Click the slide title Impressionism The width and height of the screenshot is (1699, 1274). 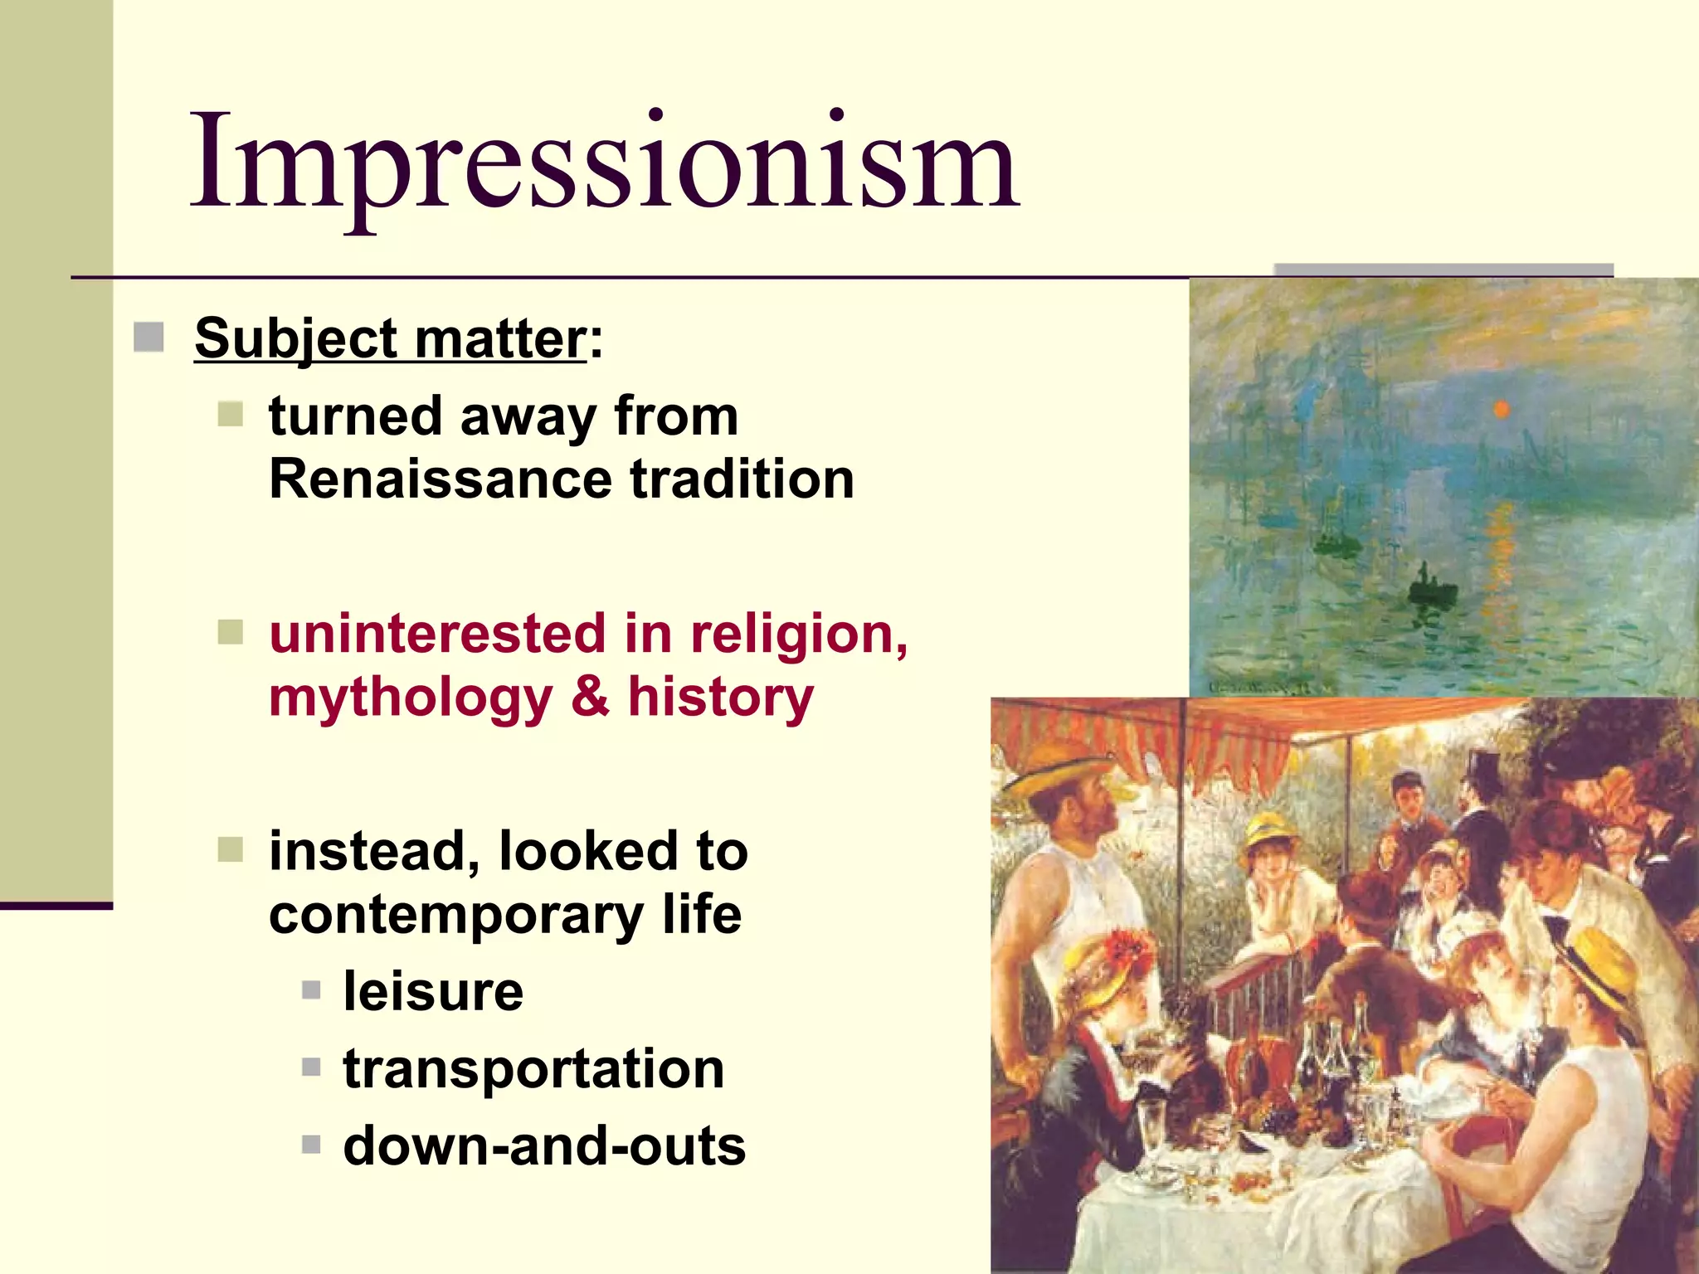click(604, 162)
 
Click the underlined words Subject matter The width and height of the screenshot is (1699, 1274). click(390, 338)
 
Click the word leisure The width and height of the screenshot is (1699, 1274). click(433, 991)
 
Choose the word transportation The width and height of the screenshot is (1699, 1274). click(533, 1068)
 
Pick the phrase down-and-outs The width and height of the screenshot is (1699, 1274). click(544, 1146)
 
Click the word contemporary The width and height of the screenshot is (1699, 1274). click(455, 917)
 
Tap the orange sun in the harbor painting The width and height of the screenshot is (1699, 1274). click(1501, 409)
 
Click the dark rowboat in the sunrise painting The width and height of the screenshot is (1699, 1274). click(1432, 591)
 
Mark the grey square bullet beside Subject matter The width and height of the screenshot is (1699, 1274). click(148, 338)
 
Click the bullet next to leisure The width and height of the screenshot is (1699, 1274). click(311, 990)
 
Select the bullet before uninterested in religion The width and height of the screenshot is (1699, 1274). click(230, 633)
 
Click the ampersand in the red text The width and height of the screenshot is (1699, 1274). click(590, 697)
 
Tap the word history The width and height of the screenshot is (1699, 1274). click(720, 697)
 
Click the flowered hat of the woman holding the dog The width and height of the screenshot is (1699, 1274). click(1108, 966)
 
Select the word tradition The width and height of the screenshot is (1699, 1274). click(742, 479)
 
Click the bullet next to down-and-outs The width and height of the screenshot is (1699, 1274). click(311, 1145)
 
